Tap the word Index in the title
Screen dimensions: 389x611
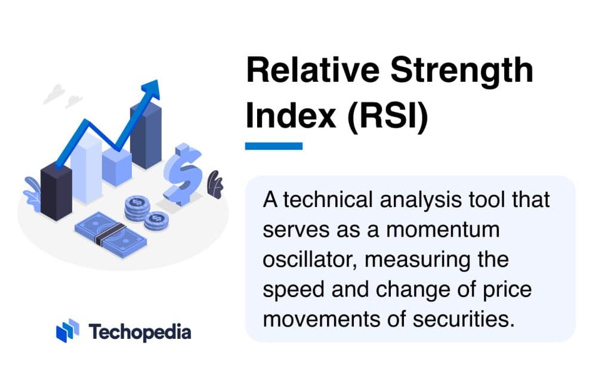291,116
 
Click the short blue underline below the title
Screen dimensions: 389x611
274,146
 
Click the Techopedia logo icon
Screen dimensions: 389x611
67,331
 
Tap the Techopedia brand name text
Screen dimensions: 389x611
140,332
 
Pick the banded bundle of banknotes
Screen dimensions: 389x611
110,232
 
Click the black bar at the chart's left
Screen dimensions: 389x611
56,191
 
